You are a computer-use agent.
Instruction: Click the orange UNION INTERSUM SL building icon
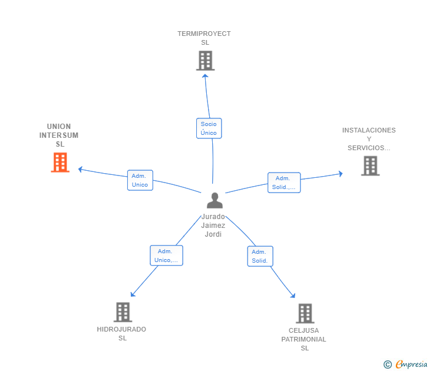pos(60,163)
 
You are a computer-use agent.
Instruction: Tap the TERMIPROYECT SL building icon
pos(205,61)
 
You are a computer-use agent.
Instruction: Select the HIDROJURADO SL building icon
pos(123,312)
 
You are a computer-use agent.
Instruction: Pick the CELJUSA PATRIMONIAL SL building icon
pos(305,313)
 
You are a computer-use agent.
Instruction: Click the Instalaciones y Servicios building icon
pos(371,165)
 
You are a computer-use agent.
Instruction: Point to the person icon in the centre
pos(214,200)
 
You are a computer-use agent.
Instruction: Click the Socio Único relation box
pos(209,128)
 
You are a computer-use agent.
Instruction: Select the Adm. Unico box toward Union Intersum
pos(140,180)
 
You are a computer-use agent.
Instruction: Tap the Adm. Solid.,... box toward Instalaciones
pos(284,183)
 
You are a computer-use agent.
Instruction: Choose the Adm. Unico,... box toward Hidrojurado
pos(166,256)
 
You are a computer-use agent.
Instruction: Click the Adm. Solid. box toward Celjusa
pos(260,256)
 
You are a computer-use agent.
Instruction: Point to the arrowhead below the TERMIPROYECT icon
pos(205,76)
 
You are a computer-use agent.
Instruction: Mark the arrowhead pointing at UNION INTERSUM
pos(80,170)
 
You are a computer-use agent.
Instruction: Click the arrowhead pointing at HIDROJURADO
pos(133,294)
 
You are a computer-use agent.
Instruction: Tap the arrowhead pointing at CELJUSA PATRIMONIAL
pos(293,296)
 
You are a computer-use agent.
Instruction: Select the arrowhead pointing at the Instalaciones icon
pos(341,174)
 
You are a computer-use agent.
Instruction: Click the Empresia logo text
pos(411,364)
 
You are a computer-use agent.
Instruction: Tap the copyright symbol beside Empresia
pos(388,365)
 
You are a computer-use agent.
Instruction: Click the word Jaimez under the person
pos(213,226)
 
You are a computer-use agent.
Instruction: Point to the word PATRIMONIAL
pos(303,339)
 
